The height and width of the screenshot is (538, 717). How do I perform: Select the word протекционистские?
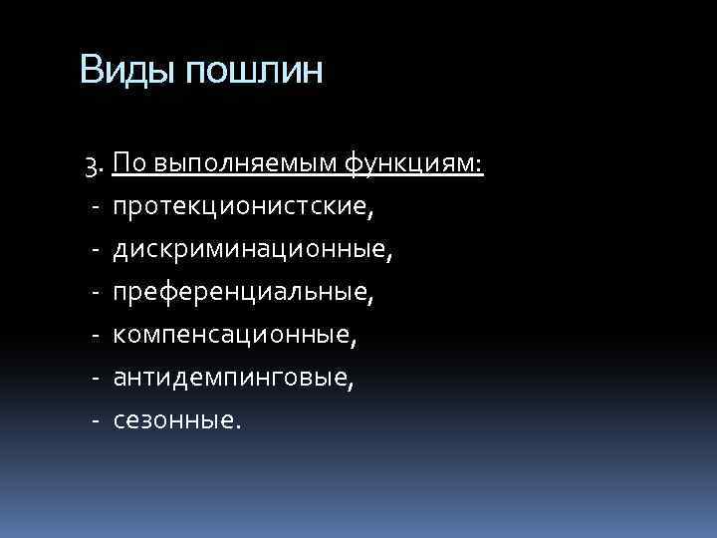click(244, 208)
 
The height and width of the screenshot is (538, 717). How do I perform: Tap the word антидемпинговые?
click(233, 378)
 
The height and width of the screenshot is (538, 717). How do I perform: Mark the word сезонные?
click(175, 419)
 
